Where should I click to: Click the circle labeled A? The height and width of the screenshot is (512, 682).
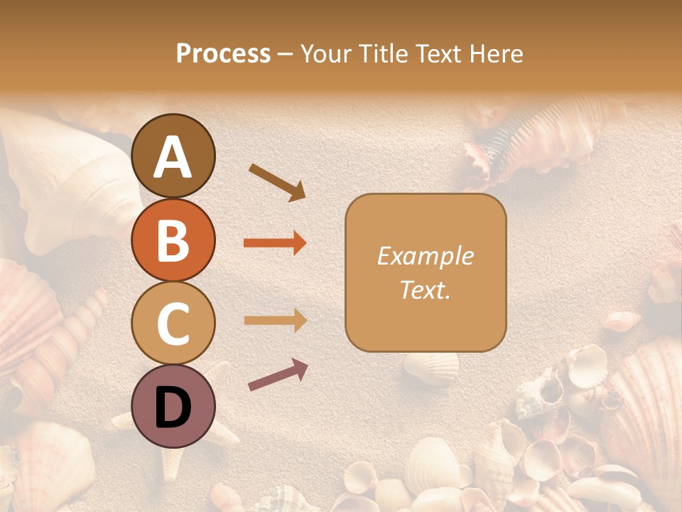[173, 156]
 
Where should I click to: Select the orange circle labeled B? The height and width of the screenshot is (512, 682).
[173, 240]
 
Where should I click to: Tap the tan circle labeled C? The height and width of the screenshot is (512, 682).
[173, 324]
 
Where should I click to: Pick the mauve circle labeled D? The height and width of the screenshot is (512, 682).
[173, 407]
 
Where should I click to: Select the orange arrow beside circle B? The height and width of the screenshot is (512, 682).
[275, 243]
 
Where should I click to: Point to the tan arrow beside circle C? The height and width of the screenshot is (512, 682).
[275, 320]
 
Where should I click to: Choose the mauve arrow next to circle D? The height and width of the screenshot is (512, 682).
[278, 375]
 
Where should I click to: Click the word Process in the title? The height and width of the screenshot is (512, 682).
[223, 54]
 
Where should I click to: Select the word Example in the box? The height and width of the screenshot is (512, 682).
[425, 256]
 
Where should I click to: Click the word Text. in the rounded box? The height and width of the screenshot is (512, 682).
[425, 289]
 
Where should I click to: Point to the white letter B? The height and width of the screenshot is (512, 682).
[173, 240]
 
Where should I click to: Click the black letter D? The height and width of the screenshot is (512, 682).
[173, 407]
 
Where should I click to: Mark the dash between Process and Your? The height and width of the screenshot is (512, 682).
[285, 54]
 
